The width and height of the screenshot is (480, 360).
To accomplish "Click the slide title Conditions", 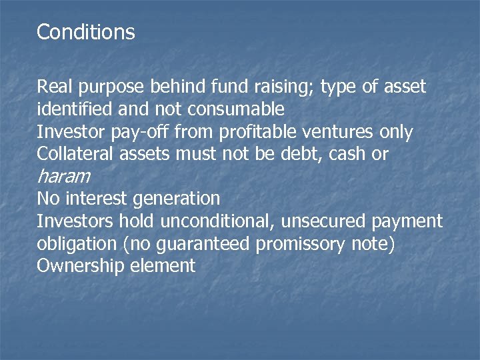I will pos(86,32).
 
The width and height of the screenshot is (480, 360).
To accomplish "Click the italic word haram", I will pos(63,177).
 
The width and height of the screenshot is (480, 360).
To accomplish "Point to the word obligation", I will pos(77,244).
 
